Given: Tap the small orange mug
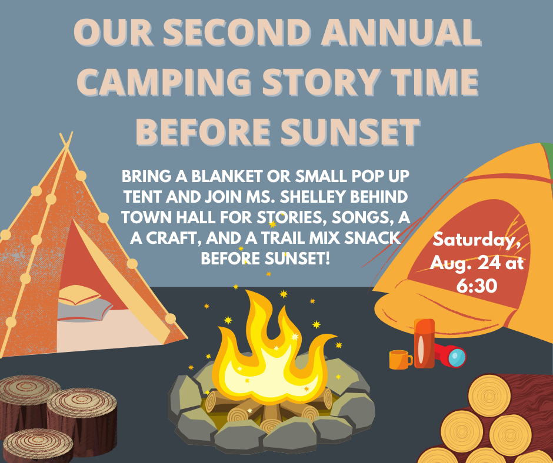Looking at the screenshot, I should (x=399, y=359).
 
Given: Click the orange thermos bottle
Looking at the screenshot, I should (x=424, y=343).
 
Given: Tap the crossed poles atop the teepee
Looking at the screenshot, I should (x=65, y=141).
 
